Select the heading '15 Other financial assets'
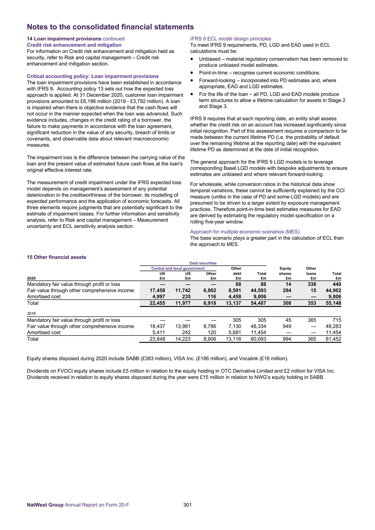56,257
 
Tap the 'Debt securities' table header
203,263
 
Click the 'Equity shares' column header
285,271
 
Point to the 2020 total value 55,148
333,303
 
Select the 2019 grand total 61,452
333,339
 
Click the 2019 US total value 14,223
183,339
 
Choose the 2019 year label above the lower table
31,313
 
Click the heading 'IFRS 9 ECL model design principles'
230,39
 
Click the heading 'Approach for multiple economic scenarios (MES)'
245,232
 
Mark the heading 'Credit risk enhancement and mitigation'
74,45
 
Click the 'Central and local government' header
178,268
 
